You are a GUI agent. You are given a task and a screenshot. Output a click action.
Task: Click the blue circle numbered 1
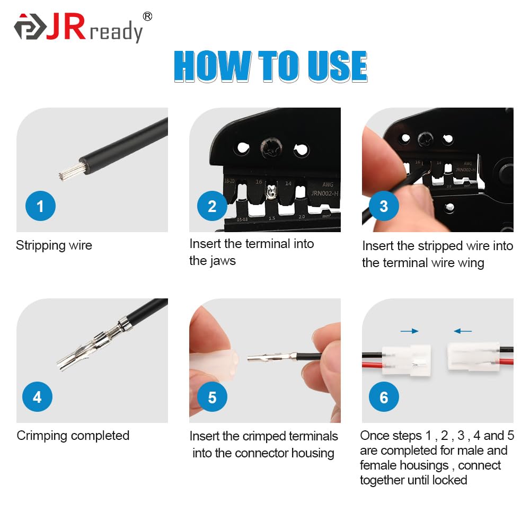click(41, 206)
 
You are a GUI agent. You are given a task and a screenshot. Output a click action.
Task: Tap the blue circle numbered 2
click(212, 206)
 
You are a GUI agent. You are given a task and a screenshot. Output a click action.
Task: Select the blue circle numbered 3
click(384, 206)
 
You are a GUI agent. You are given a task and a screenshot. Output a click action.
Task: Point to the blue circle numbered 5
click(212, 396)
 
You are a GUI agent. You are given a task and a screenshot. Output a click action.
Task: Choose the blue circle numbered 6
click(384, 397)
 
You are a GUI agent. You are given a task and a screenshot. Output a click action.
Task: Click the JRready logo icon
click(30, 29)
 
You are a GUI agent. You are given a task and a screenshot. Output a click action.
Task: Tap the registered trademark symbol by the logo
click(147, 16)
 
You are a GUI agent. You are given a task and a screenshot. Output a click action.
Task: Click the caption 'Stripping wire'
click(54, 245)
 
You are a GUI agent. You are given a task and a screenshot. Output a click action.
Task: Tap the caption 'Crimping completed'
click(73, 436)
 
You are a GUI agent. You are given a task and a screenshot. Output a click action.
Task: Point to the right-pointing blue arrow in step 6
click(409, 331)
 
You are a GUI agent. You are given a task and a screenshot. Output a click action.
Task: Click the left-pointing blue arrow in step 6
click(463, 331)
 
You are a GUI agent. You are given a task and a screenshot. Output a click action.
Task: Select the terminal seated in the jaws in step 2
click(272, 192)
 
